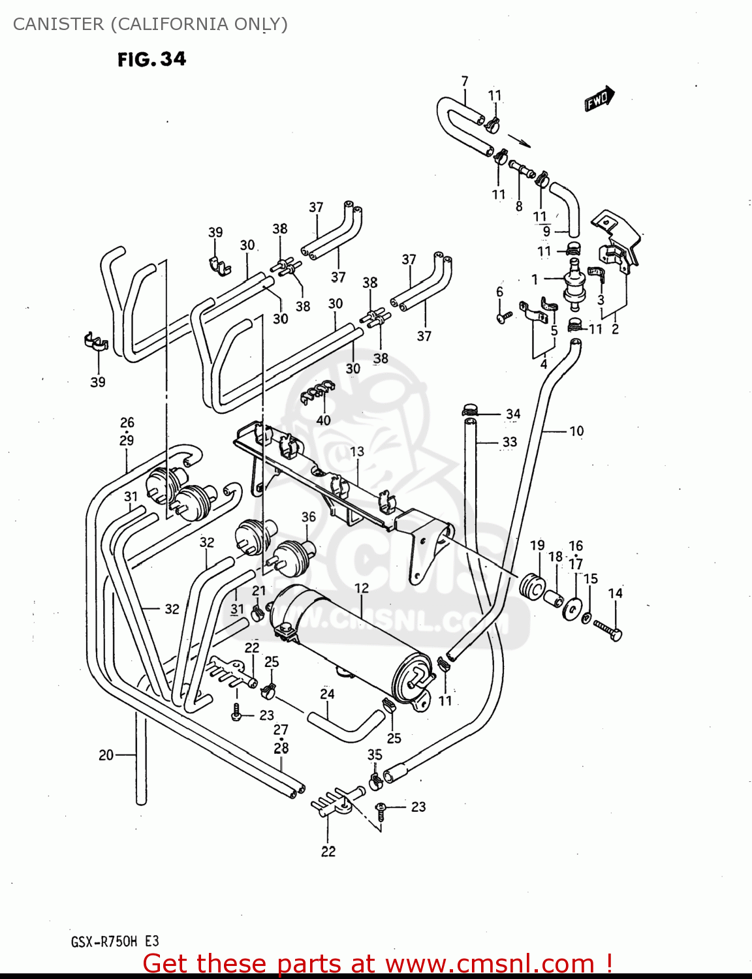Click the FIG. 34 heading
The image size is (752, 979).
click(151, 59)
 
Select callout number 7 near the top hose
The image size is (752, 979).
click(465, 81)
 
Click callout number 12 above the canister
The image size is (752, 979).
click(362, 588)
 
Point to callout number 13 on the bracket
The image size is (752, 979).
click(357, 452)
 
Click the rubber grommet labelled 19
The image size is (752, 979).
click(533, 586)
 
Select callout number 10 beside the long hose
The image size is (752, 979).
click(576, 431)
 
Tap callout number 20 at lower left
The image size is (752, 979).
click(106, 755)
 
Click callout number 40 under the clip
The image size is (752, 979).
click(323, 420)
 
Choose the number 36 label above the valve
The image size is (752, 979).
click(309, 517)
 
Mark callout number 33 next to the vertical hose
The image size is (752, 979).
click(510, 442)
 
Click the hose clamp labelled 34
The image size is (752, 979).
click(469, 411)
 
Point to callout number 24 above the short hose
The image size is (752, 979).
click(327, 694)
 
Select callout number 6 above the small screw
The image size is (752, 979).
click(499, 292)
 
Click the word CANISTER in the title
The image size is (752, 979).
click(58, 24)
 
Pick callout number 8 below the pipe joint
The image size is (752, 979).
click(519, 206)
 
